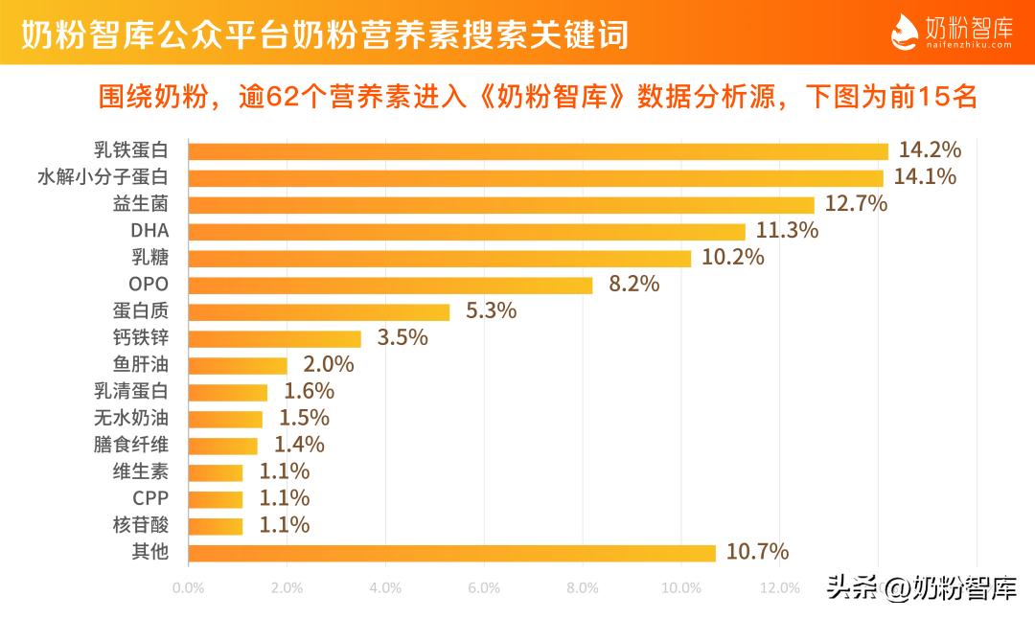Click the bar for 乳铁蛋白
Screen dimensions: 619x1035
tap(538, 150)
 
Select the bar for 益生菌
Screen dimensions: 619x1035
tap(501, 204)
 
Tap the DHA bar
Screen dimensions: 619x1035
tap(467, 231)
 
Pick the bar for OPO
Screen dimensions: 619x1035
tap(390, 285)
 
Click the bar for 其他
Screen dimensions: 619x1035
tap(451, 553)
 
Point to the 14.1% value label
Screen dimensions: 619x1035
tap(925, 177)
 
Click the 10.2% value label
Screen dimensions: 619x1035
tap(732, 258)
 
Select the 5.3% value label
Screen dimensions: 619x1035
tap(491, 311)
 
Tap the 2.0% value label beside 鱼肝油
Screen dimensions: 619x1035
tap(329, 365)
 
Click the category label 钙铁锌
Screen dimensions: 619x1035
tap(140, 338)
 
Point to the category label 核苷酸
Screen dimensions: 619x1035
tap(140, 525)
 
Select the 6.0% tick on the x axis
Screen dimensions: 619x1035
tap(484, 587)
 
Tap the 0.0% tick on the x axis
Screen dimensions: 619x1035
tap(188, 587)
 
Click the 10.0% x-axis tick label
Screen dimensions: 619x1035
tap(681, 587)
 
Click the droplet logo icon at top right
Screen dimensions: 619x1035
tap(905, 34)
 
